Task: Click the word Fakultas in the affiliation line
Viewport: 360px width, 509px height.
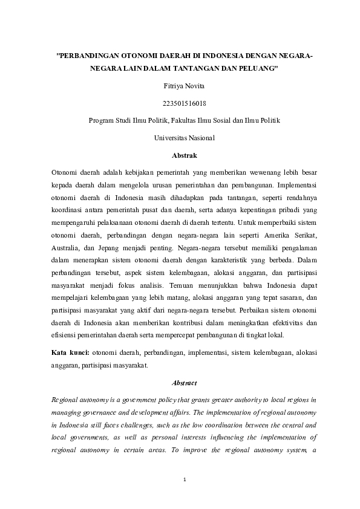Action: click(186, 120)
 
